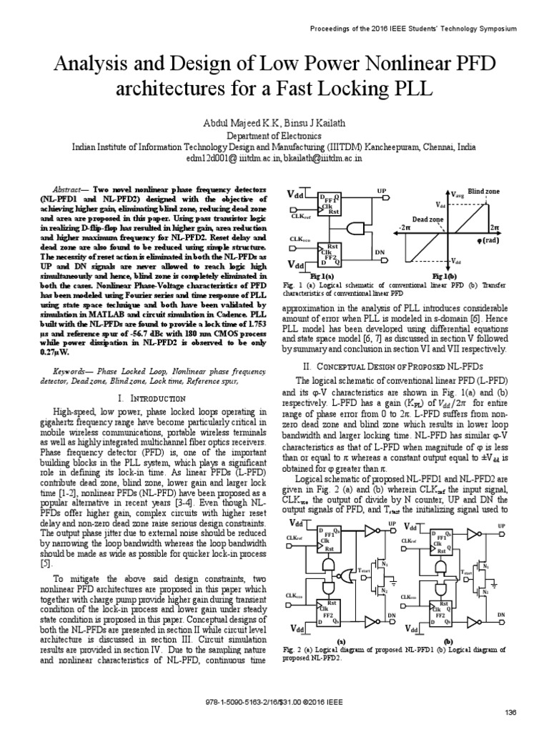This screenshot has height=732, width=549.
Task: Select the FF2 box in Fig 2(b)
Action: click(x=440, y=614)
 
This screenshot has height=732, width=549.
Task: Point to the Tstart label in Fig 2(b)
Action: click(x=463, y=572)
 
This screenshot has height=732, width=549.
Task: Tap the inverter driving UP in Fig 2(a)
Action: click(x=370, y=530)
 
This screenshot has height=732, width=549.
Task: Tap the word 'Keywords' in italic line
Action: click(x=69, y=372)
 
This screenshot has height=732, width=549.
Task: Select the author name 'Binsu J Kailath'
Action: click(x=307, y=122)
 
